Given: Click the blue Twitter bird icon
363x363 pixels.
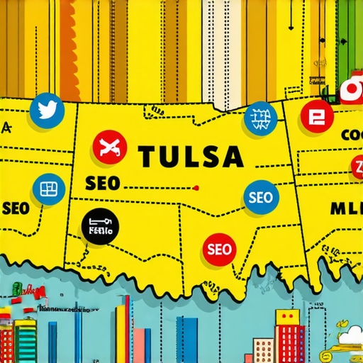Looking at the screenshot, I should (x=48, y=110).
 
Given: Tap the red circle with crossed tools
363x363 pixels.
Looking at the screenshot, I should (x=111, y=147).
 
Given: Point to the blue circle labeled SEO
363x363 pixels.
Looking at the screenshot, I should (x=260, y=197).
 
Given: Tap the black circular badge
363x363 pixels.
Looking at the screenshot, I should (x=100, y=228).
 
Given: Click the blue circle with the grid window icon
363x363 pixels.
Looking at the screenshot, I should (x=48, y=189).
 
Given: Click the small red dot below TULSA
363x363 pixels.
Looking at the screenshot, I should (x=196, y=188).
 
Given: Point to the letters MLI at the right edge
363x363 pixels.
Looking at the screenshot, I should (x=347, y=208).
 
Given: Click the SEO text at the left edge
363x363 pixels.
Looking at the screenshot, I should (x=15, y=208).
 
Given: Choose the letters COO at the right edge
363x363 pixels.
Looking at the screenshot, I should (x=351, y=134).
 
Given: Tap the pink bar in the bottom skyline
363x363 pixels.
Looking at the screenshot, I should (x=143, y=345).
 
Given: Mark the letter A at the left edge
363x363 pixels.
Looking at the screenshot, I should (x=7, y=128).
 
